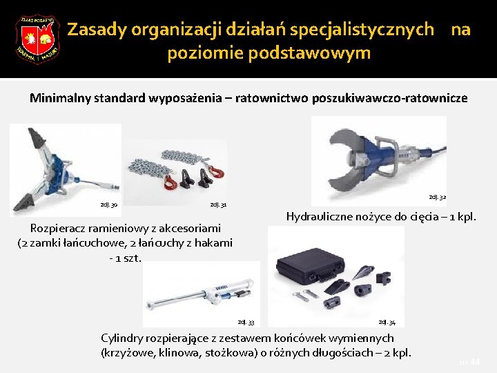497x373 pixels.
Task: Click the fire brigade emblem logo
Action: point(37,39)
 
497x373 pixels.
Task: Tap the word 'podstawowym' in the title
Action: point(269,53)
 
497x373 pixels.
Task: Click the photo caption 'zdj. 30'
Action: point(109,204)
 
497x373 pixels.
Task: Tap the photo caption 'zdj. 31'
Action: point(218,205)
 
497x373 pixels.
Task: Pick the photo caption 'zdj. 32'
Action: point(438,198)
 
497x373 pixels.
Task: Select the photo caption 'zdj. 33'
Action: point(246,322)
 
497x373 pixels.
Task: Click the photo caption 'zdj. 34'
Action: point(387,322)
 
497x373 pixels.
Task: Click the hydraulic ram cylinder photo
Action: point(201,294)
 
